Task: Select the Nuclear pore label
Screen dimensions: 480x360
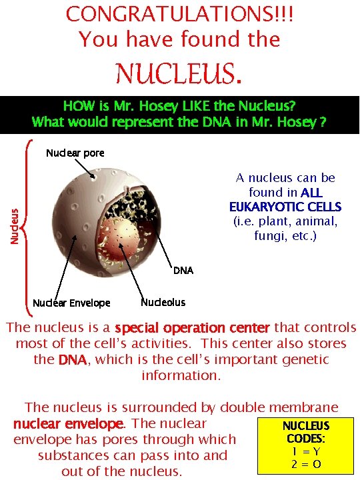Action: [75, 153]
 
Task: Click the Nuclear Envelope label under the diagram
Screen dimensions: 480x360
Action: [71, 303]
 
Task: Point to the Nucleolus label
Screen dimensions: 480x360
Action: [163, 302]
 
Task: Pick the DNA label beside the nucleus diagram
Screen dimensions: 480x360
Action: [183, 270]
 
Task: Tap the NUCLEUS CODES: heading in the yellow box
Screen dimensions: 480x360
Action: [306, 432]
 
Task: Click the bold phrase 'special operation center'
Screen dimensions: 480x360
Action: [192, 328]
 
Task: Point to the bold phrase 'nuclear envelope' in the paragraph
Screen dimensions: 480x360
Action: [68, 424]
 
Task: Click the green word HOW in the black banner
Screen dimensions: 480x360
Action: [75, 105]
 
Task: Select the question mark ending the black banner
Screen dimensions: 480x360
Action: [323, 122]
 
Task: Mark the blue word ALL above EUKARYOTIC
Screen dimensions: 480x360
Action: [311, 193]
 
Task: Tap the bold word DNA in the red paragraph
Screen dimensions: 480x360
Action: [72, 360]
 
